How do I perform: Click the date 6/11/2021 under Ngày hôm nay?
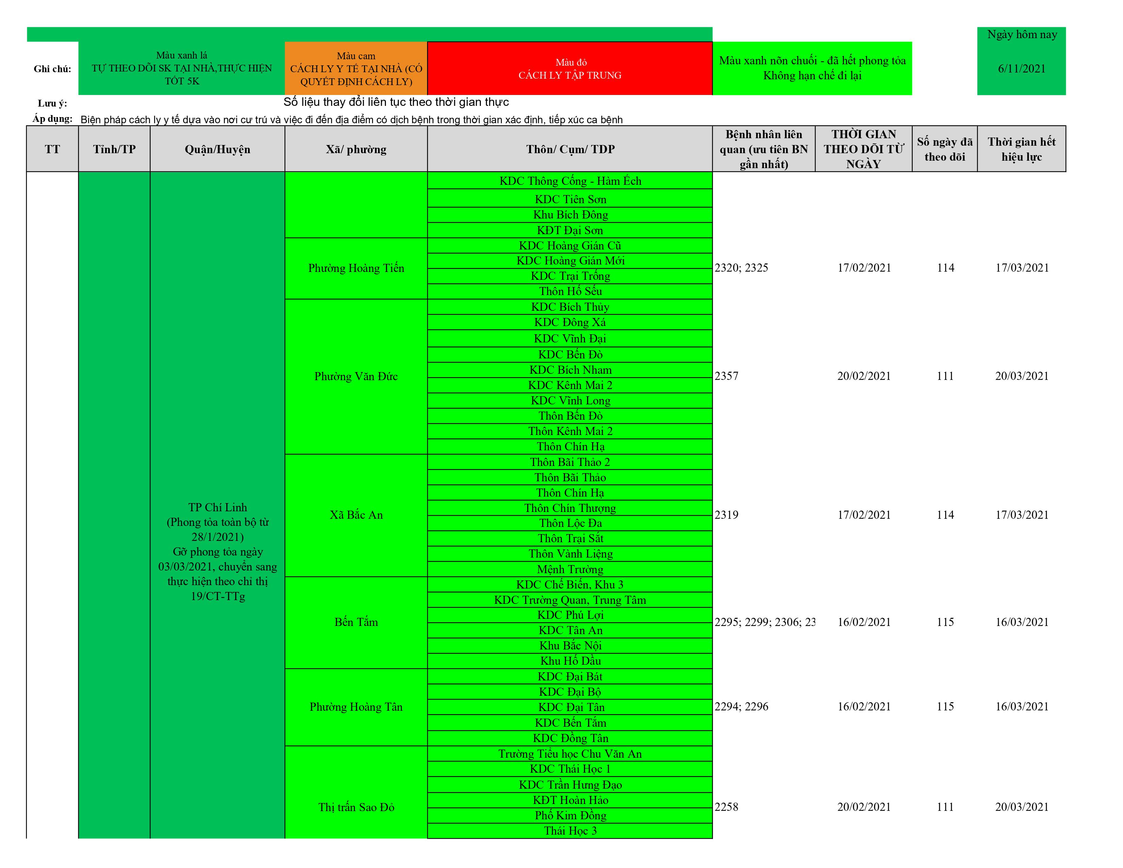1021,69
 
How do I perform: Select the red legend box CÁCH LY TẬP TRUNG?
570,69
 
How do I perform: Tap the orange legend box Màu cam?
356,69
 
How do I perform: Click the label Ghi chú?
52,69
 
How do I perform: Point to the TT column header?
52,149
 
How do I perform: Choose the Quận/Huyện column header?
217,149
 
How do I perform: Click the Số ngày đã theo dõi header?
945,149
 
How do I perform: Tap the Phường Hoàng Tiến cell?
356,268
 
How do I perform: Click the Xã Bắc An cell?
356,515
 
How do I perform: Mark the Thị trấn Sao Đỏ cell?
356,807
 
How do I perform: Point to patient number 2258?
727,807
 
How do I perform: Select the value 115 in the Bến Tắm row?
945,622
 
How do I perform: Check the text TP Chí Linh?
217,508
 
